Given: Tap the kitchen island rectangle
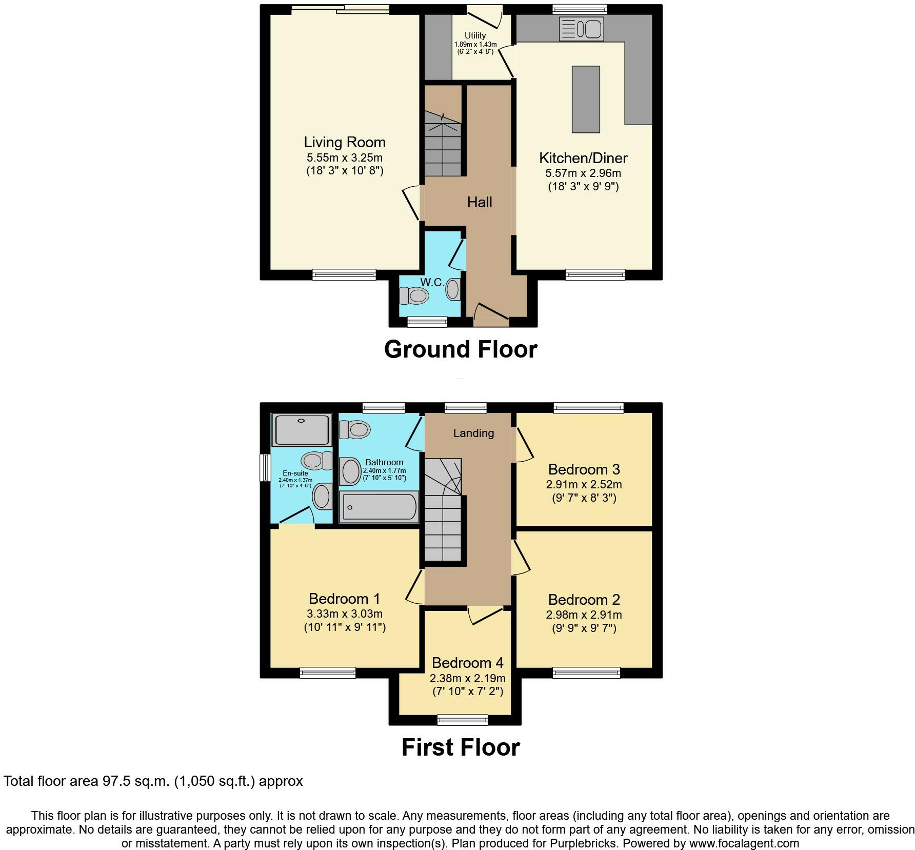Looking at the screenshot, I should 586,99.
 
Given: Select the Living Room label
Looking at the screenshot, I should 345,142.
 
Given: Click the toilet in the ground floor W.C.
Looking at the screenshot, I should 414,295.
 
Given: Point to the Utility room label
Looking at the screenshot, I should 475,35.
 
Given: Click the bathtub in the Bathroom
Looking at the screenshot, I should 379,507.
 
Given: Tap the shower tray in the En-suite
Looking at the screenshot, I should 302,430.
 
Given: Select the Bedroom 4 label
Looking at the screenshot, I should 467,663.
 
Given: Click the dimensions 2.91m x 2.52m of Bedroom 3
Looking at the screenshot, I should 584,484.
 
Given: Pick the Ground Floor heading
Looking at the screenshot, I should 460,349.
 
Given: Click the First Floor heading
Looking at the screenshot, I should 460,747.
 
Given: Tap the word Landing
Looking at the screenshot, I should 473,433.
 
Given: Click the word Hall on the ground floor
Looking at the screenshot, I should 480,202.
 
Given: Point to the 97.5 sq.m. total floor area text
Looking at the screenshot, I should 153,781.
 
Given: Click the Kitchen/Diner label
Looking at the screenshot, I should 583,158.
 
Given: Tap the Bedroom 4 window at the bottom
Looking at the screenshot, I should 463,720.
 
